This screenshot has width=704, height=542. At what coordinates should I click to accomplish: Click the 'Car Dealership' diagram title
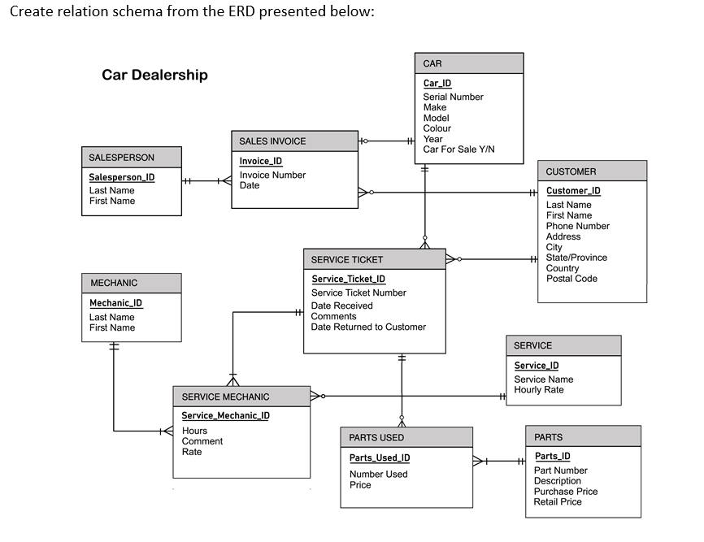pyautogui.click(x=154, y=75)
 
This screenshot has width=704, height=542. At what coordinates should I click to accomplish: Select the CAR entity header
pyautogui.click(x=432, y=63)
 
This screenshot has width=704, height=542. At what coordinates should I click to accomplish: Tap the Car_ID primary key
pyautogui.click(x=437, y=83)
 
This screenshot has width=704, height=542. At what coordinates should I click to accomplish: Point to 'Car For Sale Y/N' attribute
pyautogui.click(x=458, y=150)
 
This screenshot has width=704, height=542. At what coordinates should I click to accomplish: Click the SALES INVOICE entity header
pyautogui.click(x=272, y=141)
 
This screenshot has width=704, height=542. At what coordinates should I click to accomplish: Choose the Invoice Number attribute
pyautogui.click(x=272, y=175)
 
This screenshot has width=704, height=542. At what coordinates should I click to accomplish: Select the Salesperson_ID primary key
pyautogui.click(x=121, y=177)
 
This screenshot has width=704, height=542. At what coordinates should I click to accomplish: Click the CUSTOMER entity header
pyautogui.click(x=571, y=171)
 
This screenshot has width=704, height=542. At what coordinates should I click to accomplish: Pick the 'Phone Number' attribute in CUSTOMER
pyautogui.click(x=577, y=226)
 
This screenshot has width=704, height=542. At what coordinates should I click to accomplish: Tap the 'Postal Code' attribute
pyautogui.click(x=571, y=279)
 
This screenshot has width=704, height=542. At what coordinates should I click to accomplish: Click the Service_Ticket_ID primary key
pyautogui.click(x=348, y=279)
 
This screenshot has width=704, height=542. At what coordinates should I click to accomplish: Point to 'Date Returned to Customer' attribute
pyautogui.click(x=368, y=327)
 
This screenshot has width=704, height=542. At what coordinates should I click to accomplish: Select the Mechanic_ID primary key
pyautogui.click(x=115, y=303)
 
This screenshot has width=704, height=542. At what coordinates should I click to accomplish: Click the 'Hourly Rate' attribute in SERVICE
pyautogui.click(x=538, y=390)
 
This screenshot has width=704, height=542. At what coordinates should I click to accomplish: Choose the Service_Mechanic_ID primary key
pyautogui.click(x=225, y=415)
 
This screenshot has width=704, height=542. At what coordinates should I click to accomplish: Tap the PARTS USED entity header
pyautogui.click(x=376, y=437)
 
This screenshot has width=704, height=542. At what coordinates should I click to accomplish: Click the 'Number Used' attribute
pyautogui.click(x=378, y=475)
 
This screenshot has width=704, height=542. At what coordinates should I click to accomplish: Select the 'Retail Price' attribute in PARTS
pyautogui.click(x=558, y=501)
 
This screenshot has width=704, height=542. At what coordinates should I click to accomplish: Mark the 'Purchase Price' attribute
pyautogui.click(x=565, y=491)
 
